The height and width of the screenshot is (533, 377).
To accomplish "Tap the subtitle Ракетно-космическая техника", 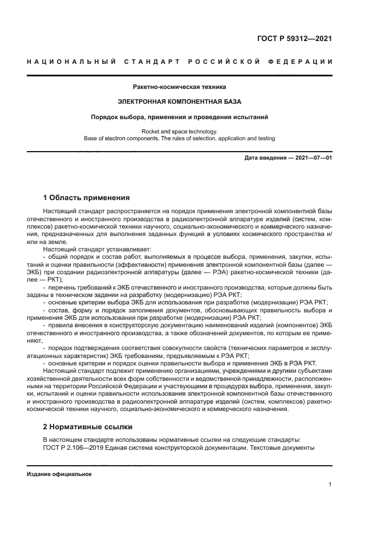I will coord(179,87).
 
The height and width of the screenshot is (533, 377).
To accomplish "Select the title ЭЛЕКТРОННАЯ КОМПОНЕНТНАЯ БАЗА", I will coord(179,102).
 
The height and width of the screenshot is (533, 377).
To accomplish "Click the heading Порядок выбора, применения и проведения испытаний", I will coord(179,117).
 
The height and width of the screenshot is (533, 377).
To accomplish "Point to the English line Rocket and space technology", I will coord(179,131).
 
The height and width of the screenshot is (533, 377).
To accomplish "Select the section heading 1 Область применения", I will coord(86,198).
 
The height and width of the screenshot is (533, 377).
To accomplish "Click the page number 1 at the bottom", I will coord(330,485).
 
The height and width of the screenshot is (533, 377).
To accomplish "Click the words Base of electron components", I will coord(120,138).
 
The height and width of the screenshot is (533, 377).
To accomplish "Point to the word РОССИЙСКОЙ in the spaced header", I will coord(225,62).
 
